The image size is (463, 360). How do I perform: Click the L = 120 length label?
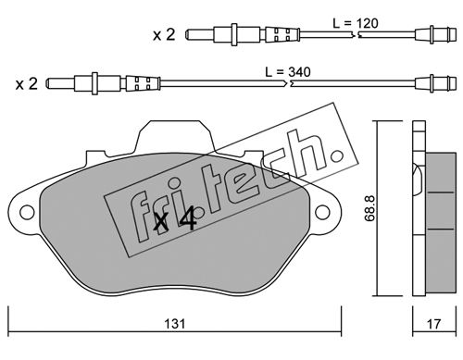pyautogui.click(x=356, y=23)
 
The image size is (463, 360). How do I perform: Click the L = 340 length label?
pyautogui.click(x=288, y=72)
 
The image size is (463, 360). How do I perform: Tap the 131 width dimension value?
pyautogui.click(x=175, y=324)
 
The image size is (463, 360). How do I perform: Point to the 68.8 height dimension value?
pyautogui.click(x=369, y=208)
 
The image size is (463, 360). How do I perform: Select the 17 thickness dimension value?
pyautogui.click(x=433, y=324)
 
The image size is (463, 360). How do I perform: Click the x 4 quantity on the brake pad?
pyautogui.click(x=175, y=219)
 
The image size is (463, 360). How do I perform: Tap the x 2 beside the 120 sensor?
pyautogui.click(x=164, y=34)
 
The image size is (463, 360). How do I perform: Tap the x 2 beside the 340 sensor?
pyautogui.click(x=27, y=83)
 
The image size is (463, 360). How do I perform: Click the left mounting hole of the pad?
pyautogui.click(x=27, y=212)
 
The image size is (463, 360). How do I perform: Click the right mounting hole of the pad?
pyautogui.click(x=322, y=212)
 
